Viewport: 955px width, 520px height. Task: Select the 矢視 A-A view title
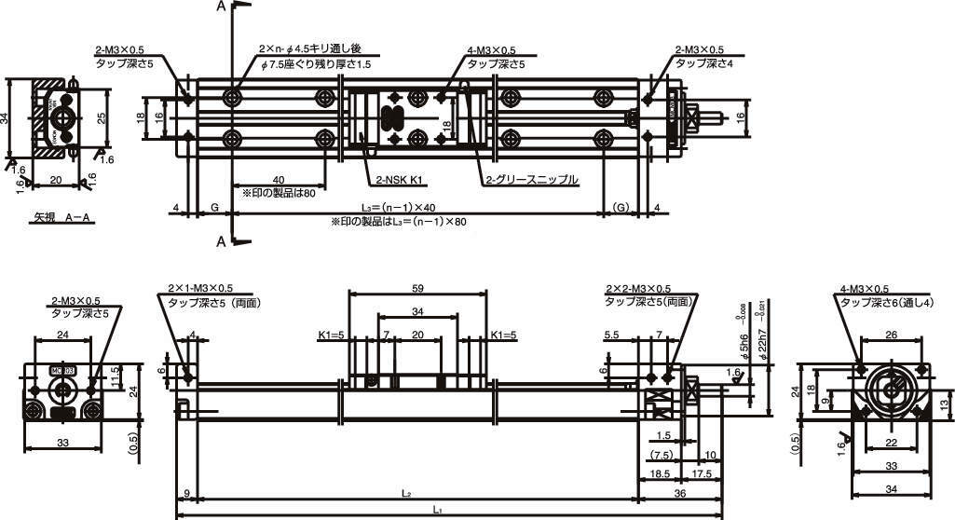[62, 217]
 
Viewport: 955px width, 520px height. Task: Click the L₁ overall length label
[438, 510]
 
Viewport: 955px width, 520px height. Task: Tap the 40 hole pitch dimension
[278, 180]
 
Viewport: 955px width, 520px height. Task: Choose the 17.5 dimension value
[702, 474]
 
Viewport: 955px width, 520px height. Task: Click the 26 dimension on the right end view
[891, 335]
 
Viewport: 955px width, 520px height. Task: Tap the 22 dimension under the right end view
[891, 444]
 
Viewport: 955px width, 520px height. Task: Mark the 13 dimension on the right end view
[944, 404]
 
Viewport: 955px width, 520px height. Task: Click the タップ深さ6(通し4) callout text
[887, 302]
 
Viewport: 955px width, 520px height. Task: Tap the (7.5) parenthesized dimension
[661, 456]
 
